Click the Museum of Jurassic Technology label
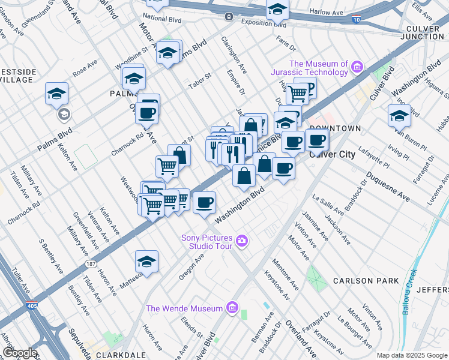318,68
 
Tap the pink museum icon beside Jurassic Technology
358,65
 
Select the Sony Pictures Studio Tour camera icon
242,242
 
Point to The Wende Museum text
185,308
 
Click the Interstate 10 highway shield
357,20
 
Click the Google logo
19,353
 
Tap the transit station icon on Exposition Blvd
228,16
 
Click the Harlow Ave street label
327,11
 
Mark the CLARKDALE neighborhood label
116,355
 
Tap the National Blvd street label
163,18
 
